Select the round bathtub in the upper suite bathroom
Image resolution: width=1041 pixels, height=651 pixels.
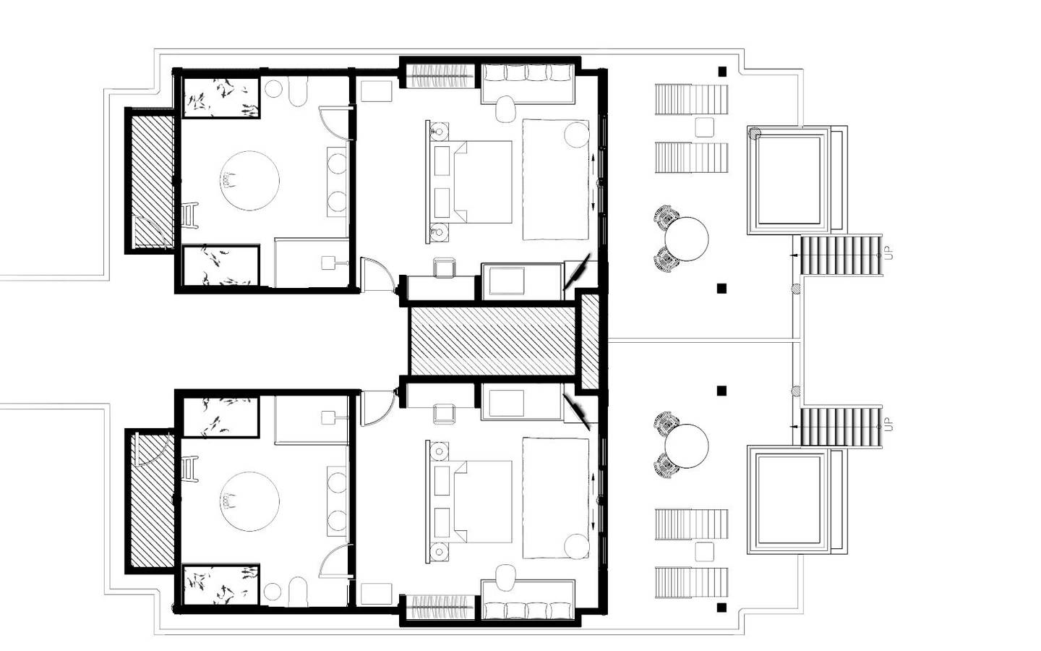[249, 180]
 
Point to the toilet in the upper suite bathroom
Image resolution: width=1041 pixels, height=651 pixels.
[299, 91]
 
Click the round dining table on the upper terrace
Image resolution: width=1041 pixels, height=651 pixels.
[687, 239]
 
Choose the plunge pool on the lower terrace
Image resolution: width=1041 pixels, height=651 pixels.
[789, 500]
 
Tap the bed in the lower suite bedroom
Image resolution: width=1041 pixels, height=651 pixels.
[468, 502]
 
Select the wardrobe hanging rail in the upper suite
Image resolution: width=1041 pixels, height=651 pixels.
[440, 76]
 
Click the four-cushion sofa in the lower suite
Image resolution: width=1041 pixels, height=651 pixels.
[528, 600]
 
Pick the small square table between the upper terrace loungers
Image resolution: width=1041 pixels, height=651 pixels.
[705, 127]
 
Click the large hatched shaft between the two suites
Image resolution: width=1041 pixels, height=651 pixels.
[492, 341]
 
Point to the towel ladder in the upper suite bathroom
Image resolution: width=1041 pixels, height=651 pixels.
[190, 216]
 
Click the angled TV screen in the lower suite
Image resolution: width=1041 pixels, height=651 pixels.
[576, 412]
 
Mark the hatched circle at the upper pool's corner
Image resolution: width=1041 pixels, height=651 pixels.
[755, 133]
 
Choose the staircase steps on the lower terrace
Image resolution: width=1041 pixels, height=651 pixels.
[840, 427]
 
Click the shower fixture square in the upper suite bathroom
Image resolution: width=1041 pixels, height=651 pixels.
[328, 263]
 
